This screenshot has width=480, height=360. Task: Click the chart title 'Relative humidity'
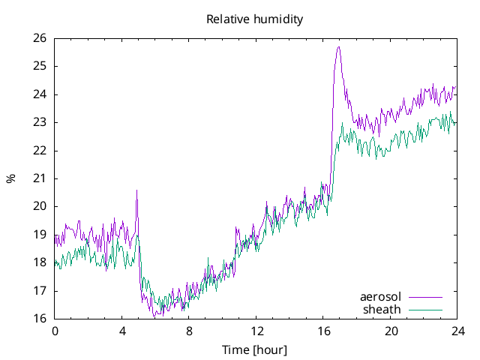tap(254, 19)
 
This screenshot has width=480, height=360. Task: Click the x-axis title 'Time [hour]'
tap(254, 349)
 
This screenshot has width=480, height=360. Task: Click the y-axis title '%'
tap(10, 178)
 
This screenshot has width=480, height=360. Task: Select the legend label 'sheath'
tap(382, 309)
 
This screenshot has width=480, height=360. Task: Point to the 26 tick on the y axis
tap(39, 38)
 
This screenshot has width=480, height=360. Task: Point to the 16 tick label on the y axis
tap(39, 319)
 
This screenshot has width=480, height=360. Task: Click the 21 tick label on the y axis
tap(39, 178)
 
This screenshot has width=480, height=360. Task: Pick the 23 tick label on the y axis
tap(39, 122)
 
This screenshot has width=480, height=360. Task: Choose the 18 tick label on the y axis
tap(39, 262)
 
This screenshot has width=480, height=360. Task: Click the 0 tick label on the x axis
tap(55, 331)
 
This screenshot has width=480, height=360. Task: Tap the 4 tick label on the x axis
tap(122, 331)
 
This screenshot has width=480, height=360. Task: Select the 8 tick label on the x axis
tap(189, 331)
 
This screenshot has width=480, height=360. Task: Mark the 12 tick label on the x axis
tap(256, 331)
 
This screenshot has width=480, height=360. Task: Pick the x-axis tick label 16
tap(323, 331)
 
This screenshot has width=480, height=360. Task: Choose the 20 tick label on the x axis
tap(391, 331)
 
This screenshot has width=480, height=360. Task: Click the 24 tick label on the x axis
tap(457, 331)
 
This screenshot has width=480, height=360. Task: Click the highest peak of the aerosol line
tap(339, 47)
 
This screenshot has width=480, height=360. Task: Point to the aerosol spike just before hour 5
tap(136, 190)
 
